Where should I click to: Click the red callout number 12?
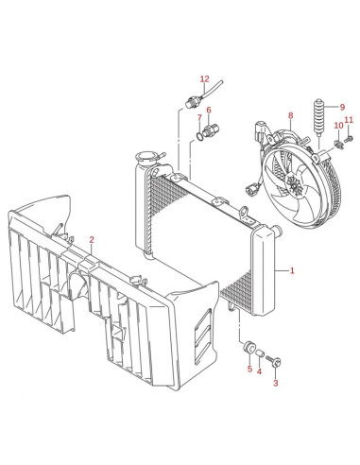[204, 78]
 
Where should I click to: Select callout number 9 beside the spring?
[342, 107]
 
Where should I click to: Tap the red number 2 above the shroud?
[92, 240]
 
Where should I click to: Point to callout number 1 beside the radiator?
[292, 270]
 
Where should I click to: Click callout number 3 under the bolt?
[276, 383]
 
